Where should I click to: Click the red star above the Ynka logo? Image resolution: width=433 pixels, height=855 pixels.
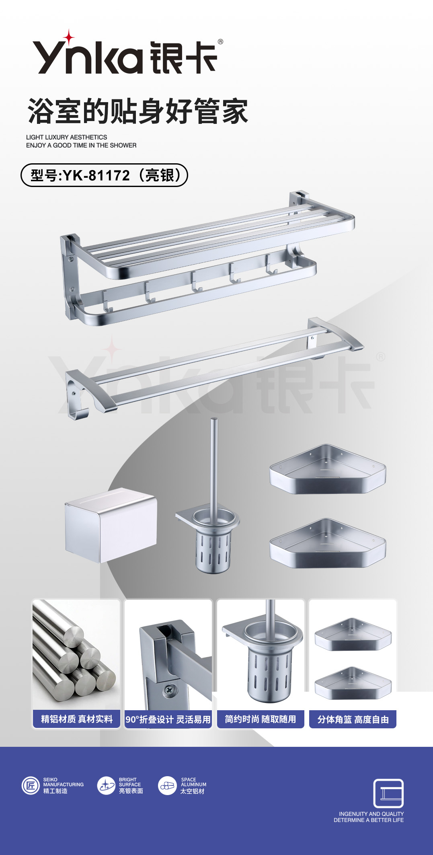click(69, 37)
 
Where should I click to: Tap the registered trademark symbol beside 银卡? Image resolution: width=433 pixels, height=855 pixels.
click(220, 41)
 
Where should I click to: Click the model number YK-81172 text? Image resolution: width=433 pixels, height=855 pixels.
click(96, 175)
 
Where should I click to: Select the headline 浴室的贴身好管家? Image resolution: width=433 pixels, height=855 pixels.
click(137, 111)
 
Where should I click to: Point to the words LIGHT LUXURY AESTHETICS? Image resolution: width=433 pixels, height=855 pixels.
click(67, 137)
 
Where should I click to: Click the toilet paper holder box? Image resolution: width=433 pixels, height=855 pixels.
click(111, 525)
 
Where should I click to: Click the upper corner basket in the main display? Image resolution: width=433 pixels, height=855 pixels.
click(328, 469)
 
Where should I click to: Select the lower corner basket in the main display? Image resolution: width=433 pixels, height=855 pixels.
click(328, 543)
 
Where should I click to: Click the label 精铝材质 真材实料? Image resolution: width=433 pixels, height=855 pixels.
click(77, 719)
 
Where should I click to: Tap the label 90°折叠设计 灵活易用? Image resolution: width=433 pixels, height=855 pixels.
click(168, 719)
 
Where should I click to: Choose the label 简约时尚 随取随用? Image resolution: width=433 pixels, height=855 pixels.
click(261, 719)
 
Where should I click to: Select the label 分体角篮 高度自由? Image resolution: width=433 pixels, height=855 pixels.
click(353, 719)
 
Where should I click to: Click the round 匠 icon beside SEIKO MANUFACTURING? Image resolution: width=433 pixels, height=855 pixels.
click(31, 785)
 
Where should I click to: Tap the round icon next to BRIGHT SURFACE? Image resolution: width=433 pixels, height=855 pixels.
click(107, 785)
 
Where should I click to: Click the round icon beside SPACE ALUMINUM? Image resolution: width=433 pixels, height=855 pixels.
click(168, 785)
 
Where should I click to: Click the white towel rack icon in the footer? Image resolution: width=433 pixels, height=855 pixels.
click(388, 793)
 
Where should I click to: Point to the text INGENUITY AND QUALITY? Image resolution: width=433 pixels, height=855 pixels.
click(371, 814)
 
